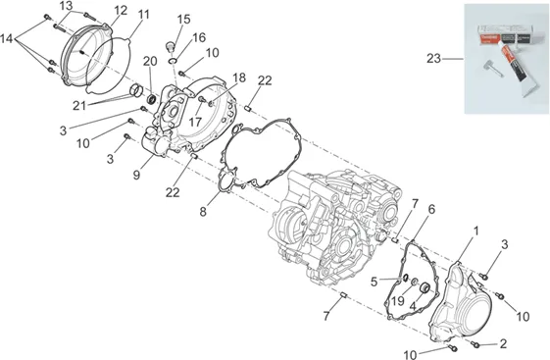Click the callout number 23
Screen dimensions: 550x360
(x=433, y=58)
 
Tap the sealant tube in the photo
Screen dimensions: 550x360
(x=517, y=62)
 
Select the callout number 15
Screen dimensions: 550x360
(x=183, y=20)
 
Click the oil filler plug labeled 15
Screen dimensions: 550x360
(x=171, y=46)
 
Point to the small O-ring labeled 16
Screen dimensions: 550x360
(x=172, y=61)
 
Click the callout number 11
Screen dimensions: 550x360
(x=143, y=15)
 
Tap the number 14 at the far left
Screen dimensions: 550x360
(x=6, y=38)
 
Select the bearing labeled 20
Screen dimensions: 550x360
(x=152, y=99)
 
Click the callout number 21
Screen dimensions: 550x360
(x=79, y=105)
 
